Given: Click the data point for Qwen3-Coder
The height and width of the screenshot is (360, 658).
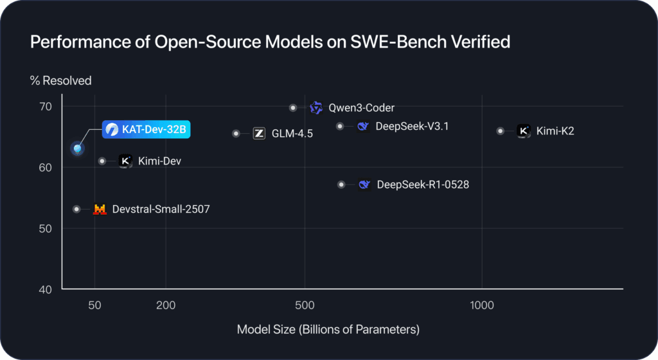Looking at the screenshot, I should (x=293, y=108).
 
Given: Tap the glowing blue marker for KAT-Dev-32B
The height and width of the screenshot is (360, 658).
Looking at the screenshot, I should (x=78, y=148).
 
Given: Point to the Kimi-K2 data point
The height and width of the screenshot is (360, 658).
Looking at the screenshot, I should (x=501, y=131).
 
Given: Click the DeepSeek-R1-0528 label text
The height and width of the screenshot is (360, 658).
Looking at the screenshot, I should (x=423, y=185).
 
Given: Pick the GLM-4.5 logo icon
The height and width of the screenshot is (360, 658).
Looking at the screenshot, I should (x=260, y=134).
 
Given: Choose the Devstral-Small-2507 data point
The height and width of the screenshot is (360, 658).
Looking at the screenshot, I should (x=76, y=209).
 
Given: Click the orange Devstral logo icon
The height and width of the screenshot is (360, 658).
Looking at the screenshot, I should (x=100, y=209).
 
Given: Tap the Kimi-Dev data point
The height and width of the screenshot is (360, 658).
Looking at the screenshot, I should (x=102, y=161).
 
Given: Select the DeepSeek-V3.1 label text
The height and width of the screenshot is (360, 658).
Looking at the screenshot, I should (x=412, y=126).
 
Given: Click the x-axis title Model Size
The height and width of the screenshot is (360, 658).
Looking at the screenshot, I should (x=328, y=330).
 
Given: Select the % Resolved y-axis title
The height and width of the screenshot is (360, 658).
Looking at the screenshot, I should (x=60, y=81).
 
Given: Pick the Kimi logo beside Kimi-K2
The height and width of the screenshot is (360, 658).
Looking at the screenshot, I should (x=524, y=131).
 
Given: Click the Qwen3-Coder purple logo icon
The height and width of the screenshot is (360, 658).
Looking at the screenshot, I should (x=316, y=108).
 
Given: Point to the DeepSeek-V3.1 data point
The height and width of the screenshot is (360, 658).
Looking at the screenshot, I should (x=340, y=126).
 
